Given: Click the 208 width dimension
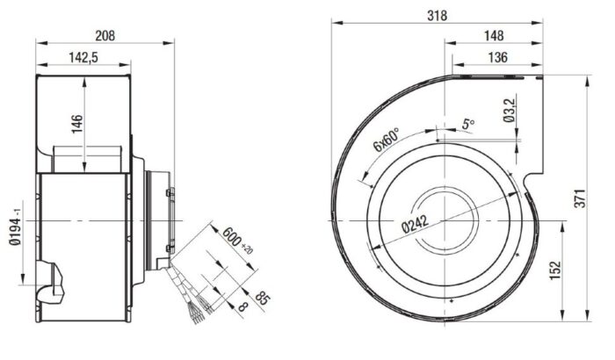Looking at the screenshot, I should pyautogui.click(x=105, y=36).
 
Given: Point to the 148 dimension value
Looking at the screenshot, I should pyautogui.click(x=494, y=36).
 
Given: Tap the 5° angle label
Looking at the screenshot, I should pyautogui.click(x=467, y=126).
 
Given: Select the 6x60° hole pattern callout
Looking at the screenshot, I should pyautogui.click(x=386, y=140).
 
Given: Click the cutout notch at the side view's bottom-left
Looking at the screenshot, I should pyautogui.click(x=54, y=279).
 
